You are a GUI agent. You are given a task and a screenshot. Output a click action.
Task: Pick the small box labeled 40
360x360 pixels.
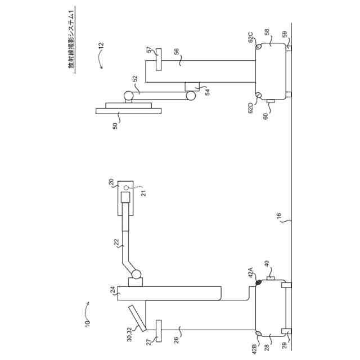pos(270,279)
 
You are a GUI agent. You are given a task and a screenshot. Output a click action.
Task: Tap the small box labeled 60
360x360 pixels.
pos(271,101)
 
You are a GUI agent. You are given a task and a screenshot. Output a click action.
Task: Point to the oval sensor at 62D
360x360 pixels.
pos(259,95)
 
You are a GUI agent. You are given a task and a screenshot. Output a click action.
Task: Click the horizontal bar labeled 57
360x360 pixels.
pos(157,58)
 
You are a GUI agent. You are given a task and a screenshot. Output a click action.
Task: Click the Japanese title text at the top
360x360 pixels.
pos(71,39)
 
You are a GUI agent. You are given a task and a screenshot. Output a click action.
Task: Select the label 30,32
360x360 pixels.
pos(130,334)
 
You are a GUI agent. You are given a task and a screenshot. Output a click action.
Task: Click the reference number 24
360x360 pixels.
pos(112,291)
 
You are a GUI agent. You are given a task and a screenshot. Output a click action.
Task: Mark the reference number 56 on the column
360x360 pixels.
pos(176,52)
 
